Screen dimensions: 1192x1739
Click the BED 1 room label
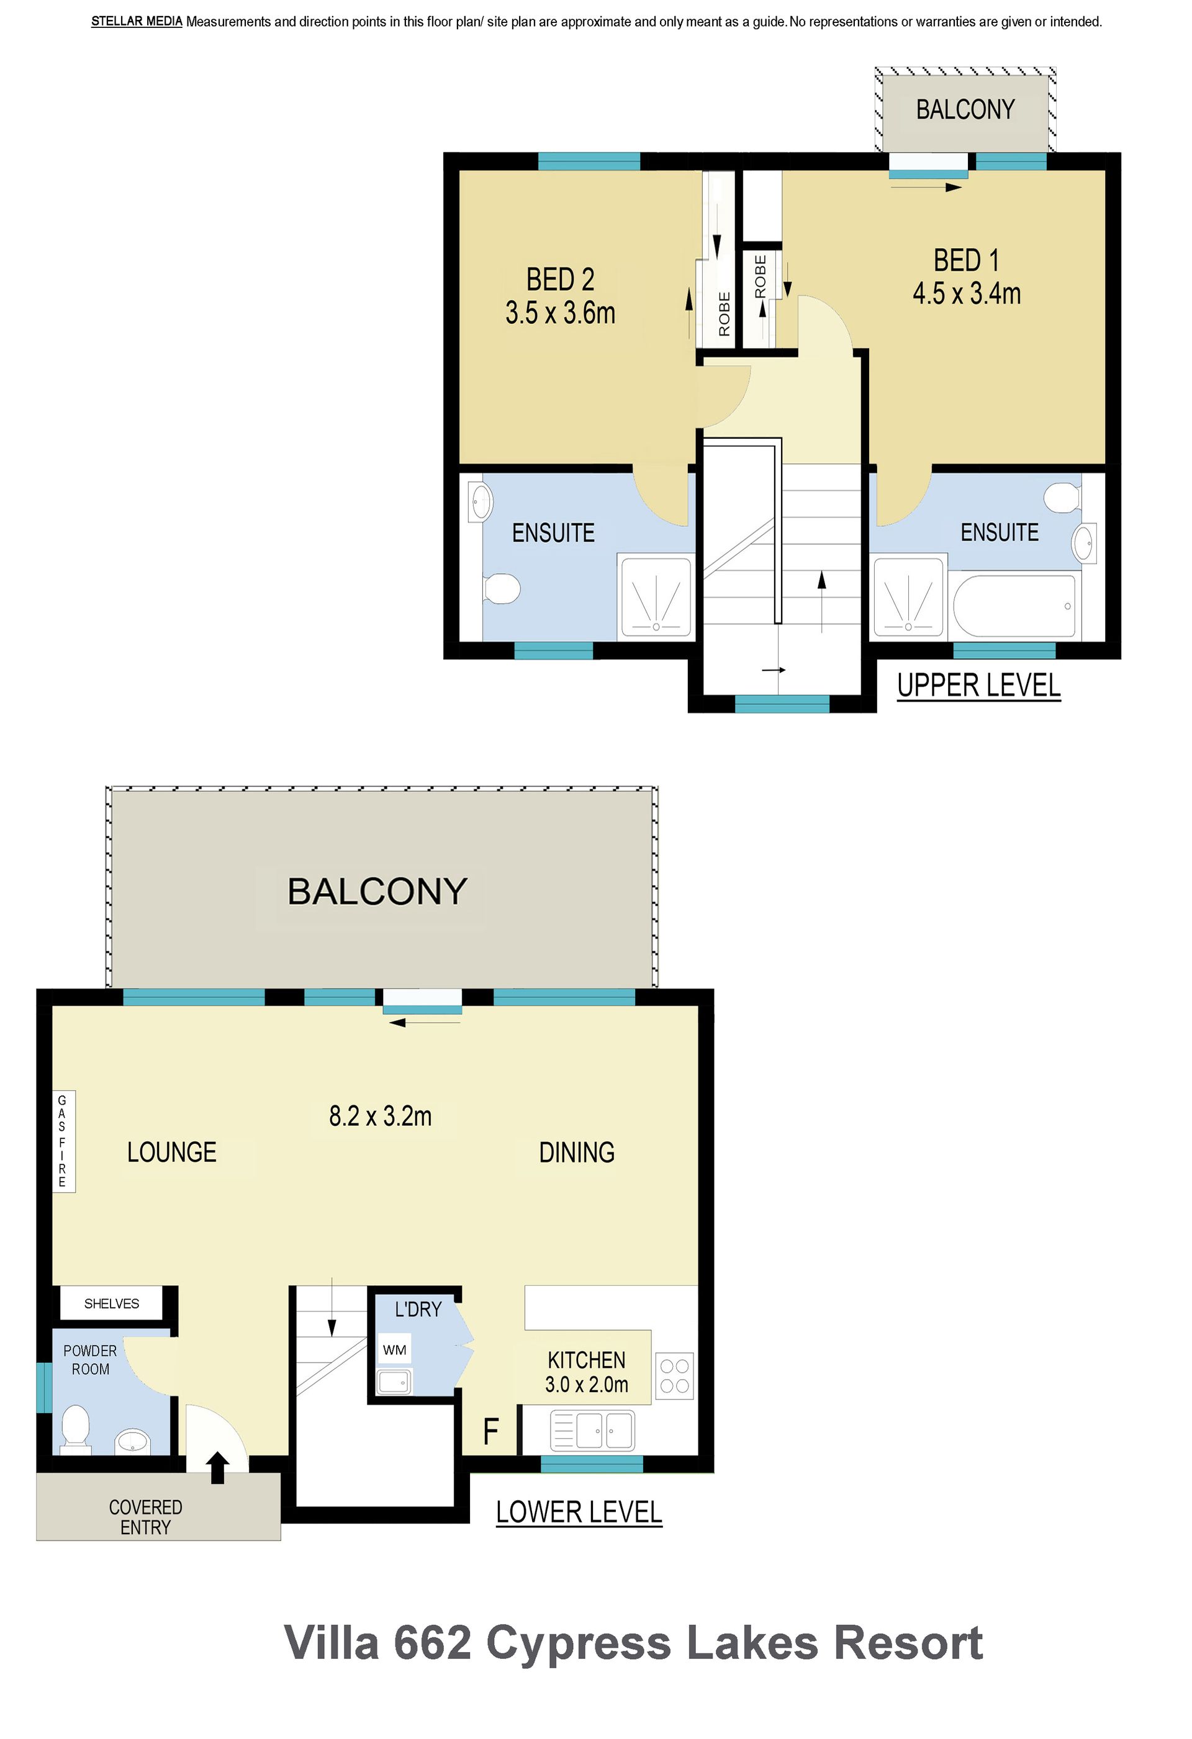[x=966, y=261]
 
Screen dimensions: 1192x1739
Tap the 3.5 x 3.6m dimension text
[x=560, y=313]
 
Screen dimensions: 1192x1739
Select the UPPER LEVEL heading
[x=978, y=685]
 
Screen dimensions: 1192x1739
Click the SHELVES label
[x=112, y=1303]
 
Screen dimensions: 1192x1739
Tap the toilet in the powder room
[x=75, y=1429]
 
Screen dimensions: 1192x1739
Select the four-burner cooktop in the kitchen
[x=675, y=1376]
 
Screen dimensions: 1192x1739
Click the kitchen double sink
[x=592, y=1430]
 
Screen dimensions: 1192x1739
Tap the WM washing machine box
[x=395, y=1350]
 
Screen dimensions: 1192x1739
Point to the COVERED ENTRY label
[x=145, y=1517]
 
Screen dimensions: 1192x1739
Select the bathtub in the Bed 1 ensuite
[x=1015, y=606]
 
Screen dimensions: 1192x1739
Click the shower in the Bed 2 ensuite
[x=656, y=596]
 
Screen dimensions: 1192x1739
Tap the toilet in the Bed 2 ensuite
[x=502, y=588]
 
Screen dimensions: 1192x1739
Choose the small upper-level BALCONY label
[x=965, y=110]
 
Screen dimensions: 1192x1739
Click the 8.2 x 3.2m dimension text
[x=381, y=1117]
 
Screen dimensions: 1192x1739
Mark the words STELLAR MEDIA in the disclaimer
[x=137, y=22]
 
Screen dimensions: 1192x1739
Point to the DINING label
[x=577, y=1153]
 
